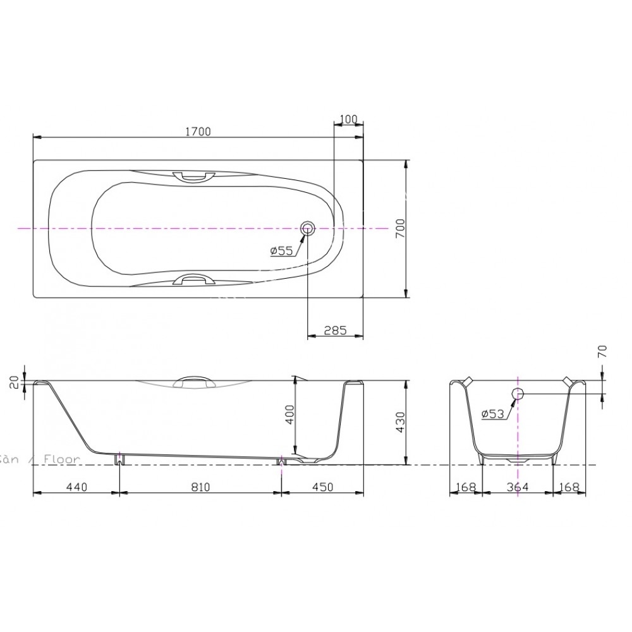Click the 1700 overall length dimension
(198, 131)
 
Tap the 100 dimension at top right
(348, 119)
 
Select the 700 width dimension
(399, 228)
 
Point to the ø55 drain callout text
(281, 251)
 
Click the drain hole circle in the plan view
(308, 229)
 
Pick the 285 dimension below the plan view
(334, 329)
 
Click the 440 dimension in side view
(75, 487)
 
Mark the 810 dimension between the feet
(200, 487)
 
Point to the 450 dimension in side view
(322, 487)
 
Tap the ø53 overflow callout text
(492, 413)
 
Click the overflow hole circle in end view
(518, 394)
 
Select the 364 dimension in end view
(517, 487)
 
